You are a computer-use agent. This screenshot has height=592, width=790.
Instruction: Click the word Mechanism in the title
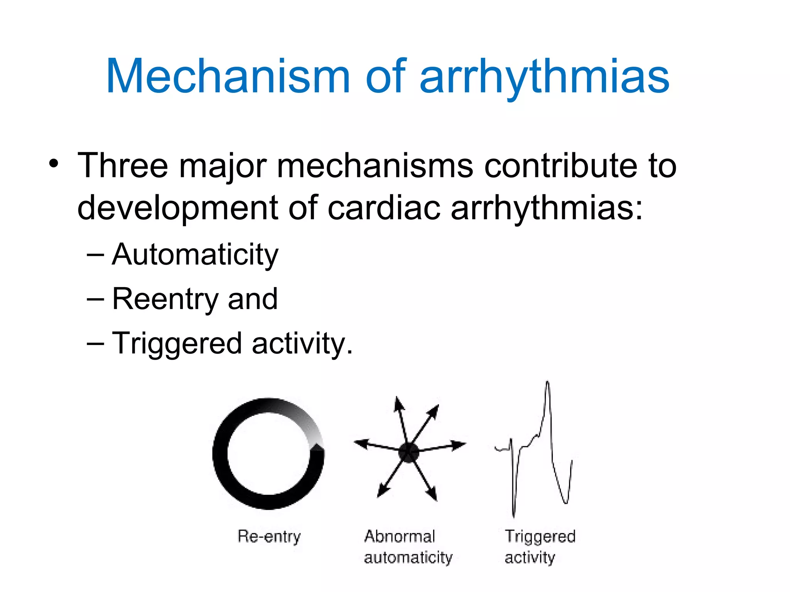[228, 76]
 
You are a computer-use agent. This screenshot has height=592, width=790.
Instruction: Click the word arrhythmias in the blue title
[544, 76]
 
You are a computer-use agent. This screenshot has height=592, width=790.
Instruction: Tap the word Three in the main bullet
[123, 166]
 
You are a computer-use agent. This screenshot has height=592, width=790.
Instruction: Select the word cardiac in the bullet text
[384, 207]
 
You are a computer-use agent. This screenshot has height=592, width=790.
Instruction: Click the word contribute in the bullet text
[560, 166]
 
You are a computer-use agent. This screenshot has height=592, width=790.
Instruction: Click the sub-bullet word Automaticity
[195, 254]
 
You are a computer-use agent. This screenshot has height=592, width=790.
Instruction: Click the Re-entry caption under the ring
[269, 536]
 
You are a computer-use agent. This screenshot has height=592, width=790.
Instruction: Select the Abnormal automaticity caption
[408, 547]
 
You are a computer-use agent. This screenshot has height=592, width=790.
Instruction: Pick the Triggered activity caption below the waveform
[539, 547]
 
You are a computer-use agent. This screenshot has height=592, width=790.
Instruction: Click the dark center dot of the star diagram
[408, 452]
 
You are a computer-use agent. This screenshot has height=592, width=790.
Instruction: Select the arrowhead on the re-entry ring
[317, 447]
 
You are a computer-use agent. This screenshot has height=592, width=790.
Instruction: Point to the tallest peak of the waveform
[547, 383]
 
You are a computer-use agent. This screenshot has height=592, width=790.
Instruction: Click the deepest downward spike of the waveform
[513, 515]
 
